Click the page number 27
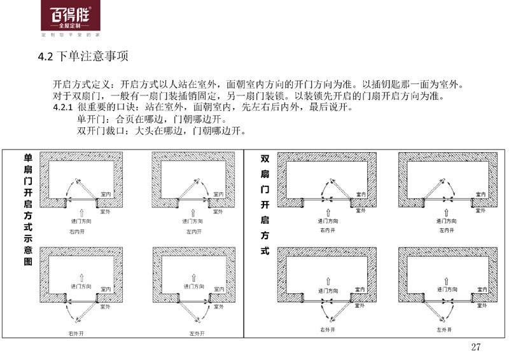coord(475,347)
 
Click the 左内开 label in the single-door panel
coord(195,233)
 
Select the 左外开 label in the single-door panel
coord(195,333)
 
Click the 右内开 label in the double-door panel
coord(326,230)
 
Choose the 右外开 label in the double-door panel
coord(326,329)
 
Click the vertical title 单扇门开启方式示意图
coord(27,210)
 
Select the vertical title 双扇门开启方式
coord(265,204)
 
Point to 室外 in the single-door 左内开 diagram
coord(218,211)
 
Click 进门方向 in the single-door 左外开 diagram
coord(194,286)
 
